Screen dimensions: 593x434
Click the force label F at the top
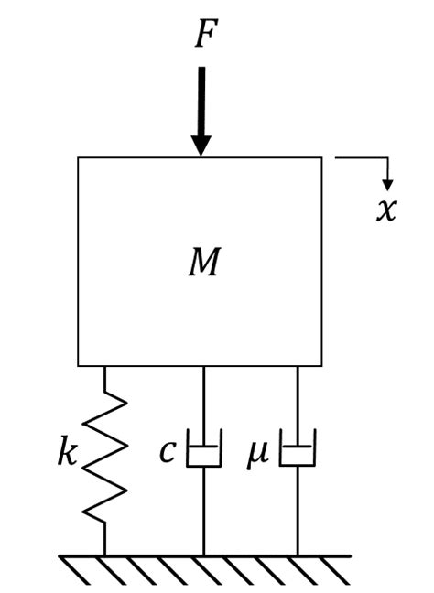pyautogui.click(x=203, y=35)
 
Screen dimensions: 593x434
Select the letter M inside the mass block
pyautogui.click(x=203, y=264)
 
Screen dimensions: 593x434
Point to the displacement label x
pyautogui.click(x=386, y=210)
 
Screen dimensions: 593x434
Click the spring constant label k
pyautogui.click(x=67, y=454)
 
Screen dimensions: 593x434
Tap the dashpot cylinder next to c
pyautogui.click(x=203, y=455)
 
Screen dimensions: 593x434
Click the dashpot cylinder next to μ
pyautogui.click(x=297, y=455)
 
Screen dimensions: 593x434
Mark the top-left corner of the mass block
pyautogui.click(x=79, y=158)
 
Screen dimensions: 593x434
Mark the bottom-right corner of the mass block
pyautogui.click(x=321, y=365)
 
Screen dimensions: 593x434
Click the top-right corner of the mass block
pyautogui.click(x=321, y=158)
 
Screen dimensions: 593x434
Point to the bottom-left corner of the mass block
pyautogui.click(x=79, y=365)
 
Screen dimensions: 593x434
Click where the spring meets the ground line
pyautogui.click(x=105, y=555)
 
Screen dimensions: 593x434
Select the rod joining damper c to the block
pyautogui.click(x=203, y=403)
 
